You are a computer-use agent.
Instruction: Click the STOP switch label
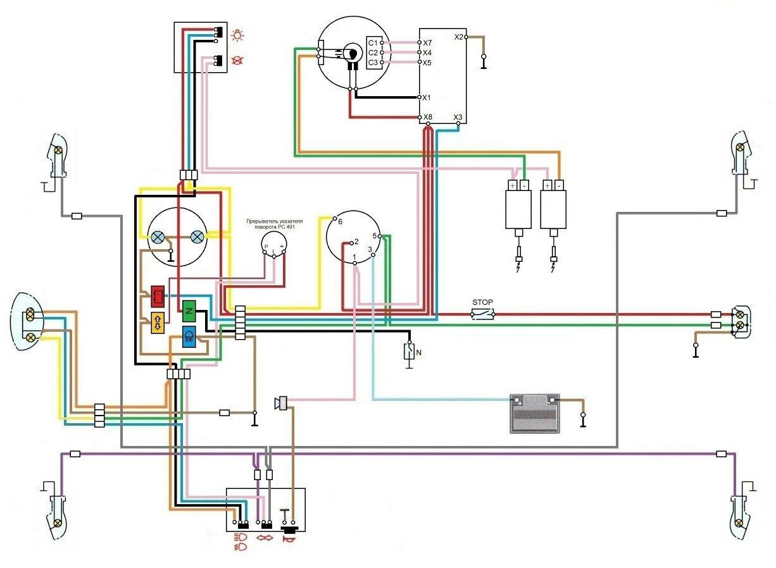point(482,302)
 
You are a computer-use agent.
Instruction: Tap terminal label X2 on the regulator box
point(459,37)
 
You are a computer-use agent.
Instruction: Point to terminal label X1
point(427,98)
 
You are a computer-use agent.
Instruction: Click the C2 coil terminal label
point(373,52)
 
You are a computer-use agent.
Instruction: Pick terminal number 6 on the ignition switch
point(340,222)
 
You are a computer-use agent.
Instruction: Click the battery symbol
point(535,413)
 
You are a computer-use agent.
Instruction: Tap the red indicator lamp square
point(158,295)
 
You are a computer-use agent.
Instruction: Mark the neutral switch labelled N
point(410,352)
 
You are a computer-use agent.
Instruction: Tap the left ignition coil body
point(518,209)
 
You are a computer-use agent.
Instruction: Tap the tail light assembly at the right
point(740,319)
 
